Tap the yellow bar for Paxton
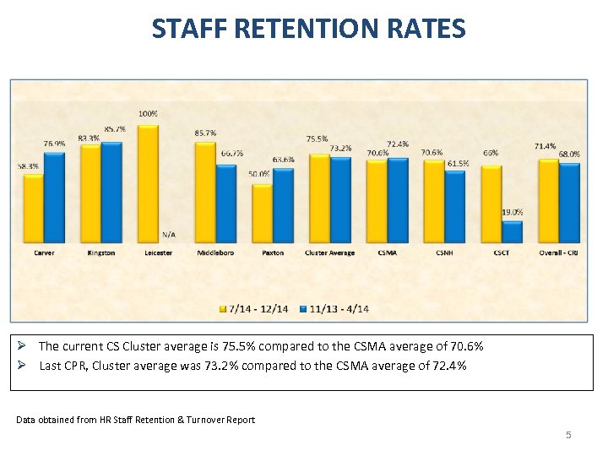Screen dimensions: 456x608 pos(263,214)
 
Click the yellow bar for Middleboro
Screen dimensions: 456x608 pos(205,193)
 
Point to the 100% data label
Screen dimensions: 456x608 pos(148,113)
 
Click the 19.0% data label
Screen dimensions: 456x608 pos(513,213)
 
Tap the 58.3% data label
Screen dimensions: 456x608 pos(27,166)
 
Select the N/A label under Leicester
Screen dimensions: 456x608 pos(169,234)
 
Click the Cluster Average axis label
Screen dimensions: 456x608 pos(329,252)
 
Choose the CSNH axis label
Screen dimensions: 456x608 pos(444,252)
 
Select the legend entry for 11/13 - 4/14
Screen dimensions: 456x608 pos(335,308)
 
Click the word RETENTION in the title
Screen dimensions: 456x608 pos(302,30)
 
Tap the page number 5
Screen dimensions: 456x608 pos(568,435)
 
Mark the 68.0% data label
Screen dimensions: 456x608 pos(569,155)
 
